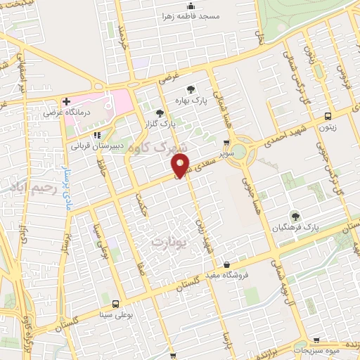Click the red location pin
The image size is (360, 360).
[181, 165]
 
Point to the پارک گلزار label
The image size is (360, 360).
[161, 122]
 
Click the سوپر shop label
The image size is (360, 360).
[225, 152]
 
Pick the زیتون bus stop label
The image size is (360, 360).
[328, 128]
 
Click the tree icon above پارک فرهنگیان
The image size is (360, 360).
[295, 215]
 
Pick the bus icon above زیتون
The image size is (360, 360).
[328, 117]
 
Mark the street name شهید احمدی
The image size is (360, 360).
[282, 133]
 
